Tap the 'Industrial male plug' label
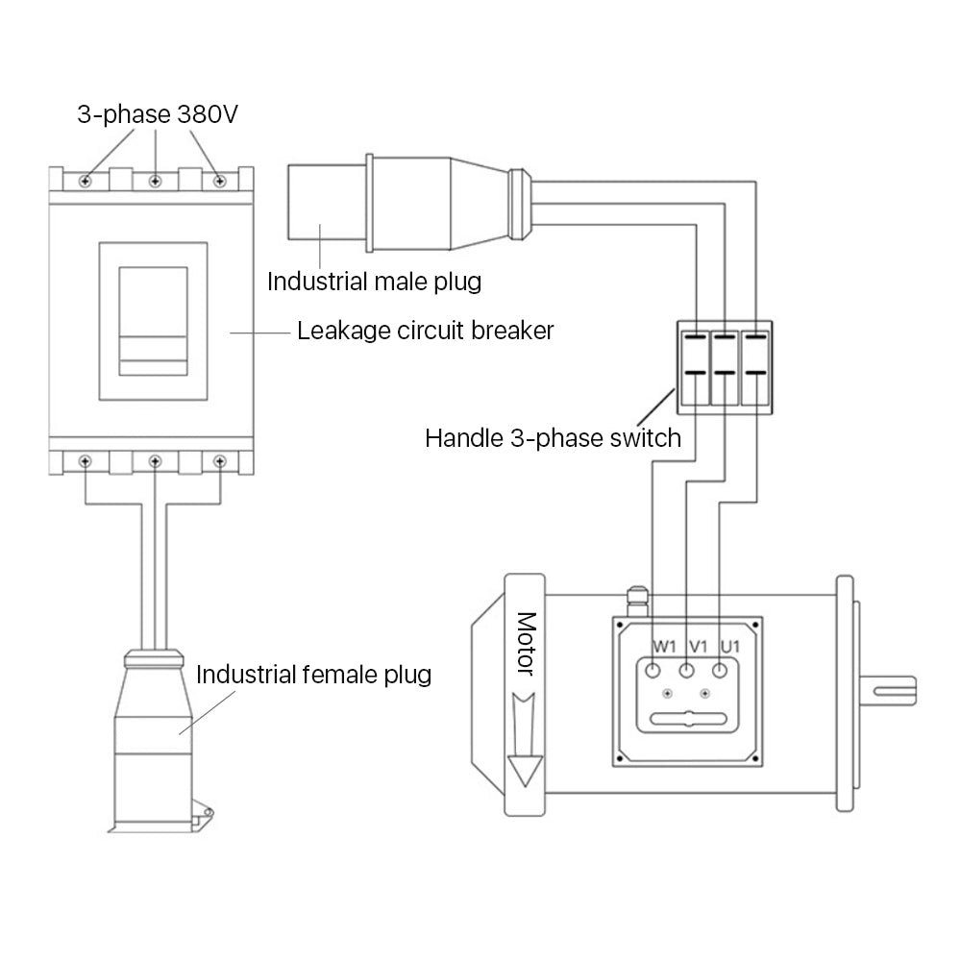[374, 282]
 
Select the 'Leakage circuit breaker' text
[426, 332]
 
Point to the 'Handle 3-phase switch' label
[553, 439]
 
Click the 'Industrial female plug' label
[313, 674]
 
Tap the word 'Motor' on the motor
[526, 644]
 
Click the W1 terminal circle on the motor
[655, 670]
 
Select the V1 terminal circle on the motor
[687, 670]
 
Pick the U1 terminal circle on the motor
[720, 670]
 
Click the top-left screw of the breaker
[86, 181]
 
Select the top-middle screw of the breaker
[154, 181]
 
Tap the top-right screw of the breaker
[220, 181]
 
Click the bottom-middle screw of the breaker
[154, 462]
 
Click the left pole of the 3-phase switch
[694, 366]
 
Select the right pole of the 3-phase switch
[756, 366]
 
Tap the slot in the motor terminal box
[687, 719]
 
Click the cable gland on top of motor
[634, 603]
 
